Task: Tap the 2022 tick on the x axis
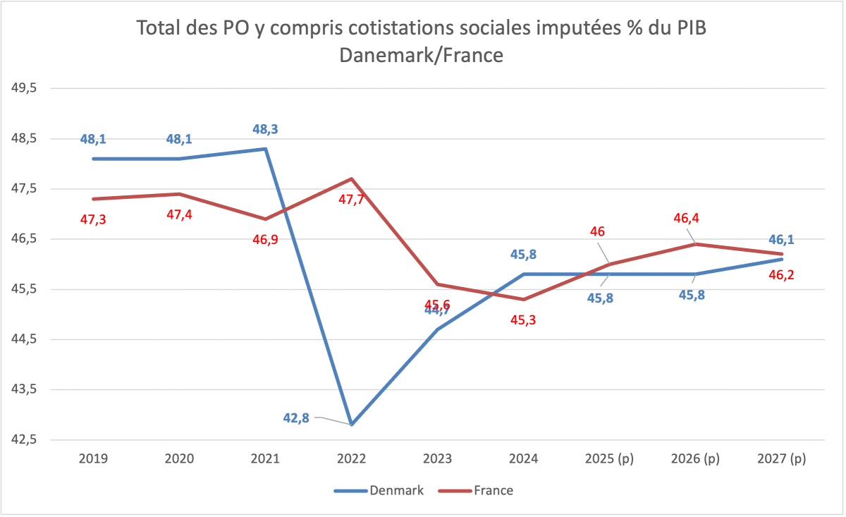point(351,458)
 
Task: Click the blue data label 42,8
point(296,418)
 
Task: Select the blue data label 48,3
point(265,130)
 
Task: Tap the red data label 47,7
point(351,200)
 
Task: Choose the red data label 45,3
point(523,321)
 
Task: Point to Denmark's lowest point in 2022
point(351,425)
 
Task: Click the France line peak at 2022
point(351,179)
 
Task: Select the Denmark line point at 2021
point(265,149)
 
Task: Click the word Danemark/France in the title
point(421,55)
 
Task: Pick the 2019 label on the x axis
point(93,458)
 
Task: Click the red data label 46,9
point(265,240)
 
